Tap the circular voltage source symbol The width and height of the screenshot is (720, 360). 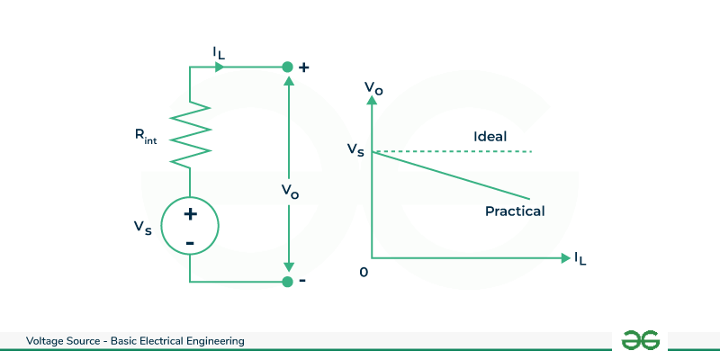tap(190, 227)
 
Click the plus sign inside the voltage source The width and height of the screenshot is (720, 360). tap(190, 214)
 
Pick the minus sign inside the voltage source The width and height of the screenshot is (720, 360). tap(190, 242)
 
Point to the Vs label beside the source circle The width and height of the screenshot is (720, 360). tap(140, 228)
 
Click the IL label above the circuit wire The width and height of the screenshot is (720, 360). tap(220, 54)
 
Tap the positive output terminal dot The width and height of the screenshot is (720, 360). tap(287, 67)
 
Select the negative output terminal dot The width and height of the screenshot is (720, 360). tap(287, 282)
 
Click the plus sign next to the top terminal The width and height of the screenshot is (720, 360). tap(303, 67)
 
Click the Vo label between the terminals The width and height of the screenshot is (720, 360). tap(289, 191)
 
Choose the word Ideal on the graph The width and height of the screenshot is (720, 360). tap(490, 137)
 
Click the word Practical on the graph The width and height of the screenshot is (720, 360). tap(515, 211)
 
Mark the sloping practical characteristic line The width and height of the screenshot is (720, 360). tap(450, 175)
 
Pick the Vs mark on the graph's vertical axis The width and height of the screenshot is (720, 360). tap(355, 150)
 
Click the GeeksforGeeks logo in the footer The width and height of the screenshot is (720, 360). tap(641, 340)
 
